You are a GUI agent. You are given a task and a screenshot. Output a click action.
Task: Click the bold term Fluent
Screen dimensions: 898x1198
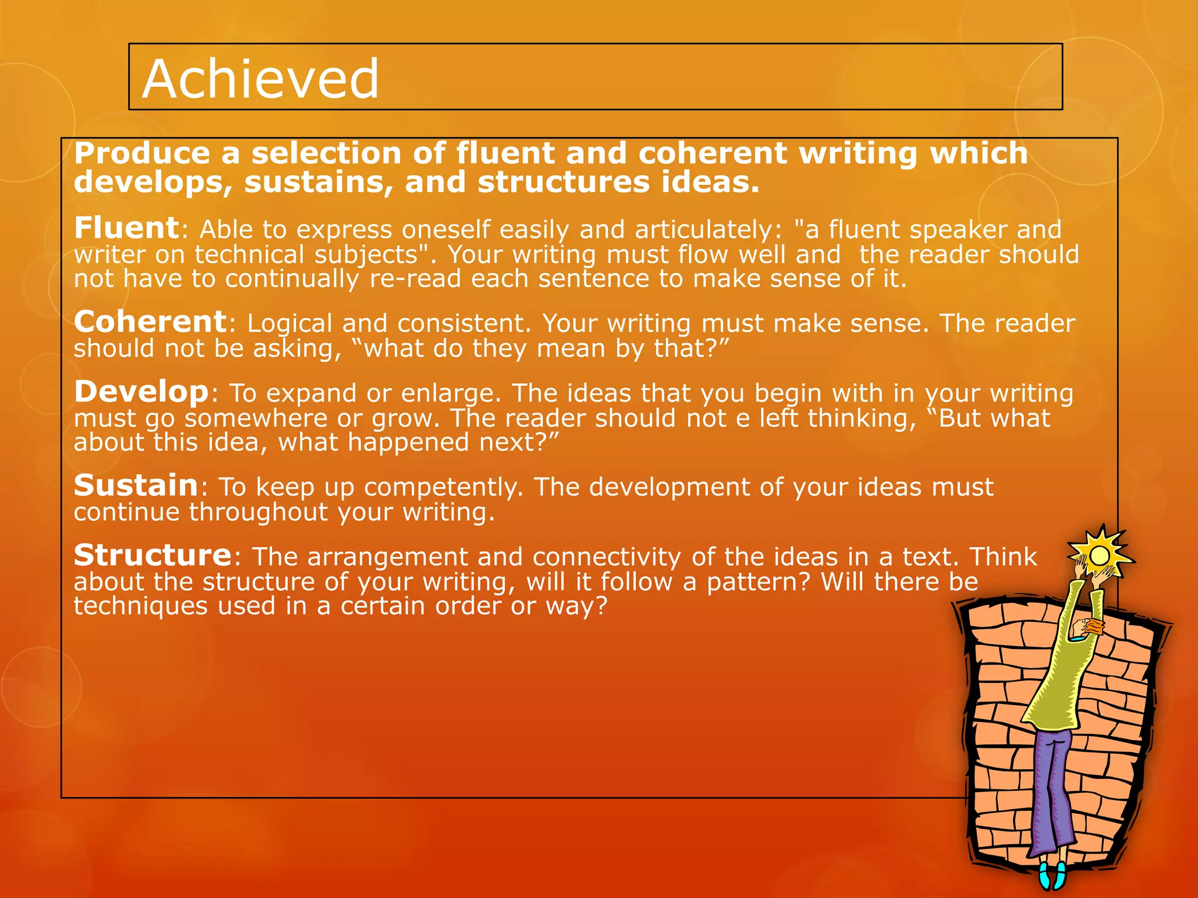[x=126, y=227]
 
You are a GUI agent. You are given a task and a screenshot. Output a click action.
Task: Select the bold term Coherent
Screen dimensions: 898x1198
[x=150, y=322]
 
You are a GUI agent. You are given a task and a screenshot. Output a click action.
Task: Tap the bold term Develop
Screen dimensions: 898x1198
[x=141, y=391]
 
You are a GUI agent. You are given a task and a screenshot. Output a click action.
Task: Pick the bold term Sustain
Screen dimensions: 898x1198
[x=136, y=485]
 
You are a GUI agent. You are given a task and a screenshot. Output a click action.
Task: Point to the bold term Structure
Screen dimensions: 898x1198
[x=153, y=555]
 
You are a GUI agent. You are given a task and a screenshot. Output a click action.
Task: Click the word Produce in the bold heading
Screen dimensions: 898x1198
[x=142, y=153]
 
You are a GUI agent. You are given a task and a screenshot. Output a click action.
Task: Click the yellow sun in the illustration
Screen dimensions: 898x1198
[x=1100, y=554]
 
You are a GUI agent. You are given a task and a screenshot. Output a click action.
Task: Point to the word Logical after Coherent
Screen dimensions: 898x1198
[x=290, y=323]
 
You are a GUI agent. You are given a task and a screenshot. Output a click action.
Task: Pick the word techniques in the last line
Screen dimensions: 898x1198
[x=140, y=606]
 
